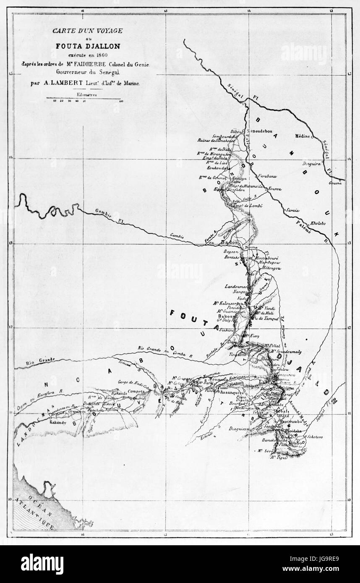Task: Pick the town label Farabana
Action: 267,175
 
